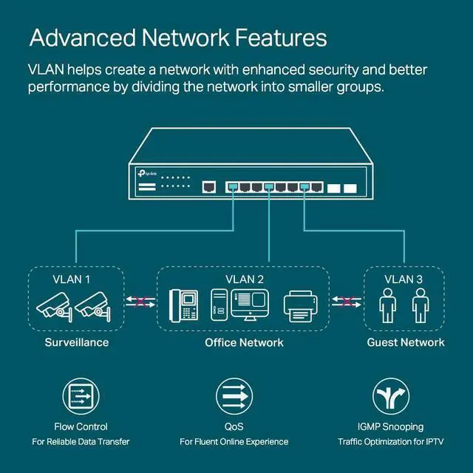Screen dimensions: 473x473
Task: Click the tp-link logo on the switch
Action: (146, 172)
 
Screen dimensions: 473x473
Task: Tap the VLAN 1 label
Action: (72, 279)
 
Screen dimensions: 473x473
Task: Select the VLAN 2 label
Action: (244, 279)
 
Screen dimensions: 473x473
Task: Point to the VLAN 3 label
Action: (404, 279)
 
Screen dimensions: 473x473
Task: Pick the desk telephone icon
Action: (184, 304)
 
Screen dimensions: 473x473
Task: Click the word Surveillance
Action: (77, 342)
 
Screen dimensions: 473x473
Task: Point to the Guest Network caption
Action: (406, 342)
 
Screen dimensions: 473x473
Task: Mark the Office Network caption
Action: (244, 342)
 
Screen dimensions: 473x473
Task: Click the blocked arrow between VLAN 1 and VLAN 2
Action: (140, 301)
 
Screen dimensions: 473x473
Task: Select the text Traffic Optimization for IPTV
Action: (391, 442)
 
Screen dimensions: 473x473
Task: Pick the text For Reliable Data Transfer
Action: (81, 442)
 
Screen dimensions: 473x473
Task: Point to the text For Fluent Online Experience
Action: (234, 442)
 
